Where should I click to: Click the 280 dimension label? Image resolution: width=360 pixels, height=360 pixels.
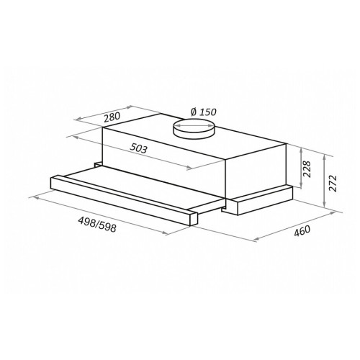click(112, 117)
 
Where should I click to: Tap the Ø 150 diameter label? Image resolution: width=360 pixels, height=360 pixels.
click(204, 112)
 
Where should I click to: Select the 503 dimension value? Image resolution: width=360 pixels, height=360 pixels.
click(138, 148)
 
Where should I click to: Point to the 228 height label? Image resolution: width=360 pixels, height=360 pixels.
click(307, 169)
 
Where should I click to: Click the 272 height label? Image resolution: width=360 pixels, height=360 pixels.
click(333, 184)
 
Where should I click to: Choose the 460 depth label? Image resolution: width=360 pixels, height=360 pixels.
click(302, 231)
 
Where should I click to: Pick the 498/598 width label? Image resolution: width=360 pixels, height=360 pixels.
click(97, 225)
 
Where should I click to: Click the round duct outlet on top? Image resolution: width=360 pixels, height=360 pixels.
click(194, 129)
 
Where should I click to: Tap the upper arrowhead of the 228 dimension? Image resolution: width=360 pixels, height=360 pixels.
click(301, 150)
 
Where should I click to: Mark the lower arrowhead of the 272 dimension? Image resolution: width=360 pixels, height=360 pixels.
click(325, 204)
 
